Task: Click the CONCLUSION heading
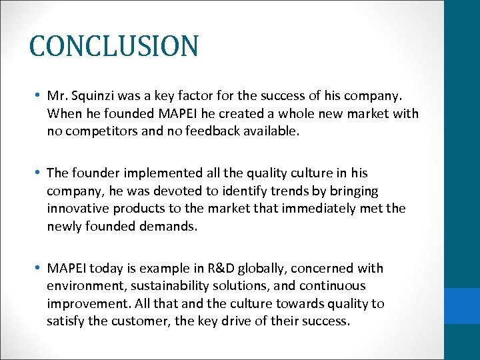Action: pos(114,46)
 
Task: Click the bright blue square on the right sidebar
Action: pos(462,307)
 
